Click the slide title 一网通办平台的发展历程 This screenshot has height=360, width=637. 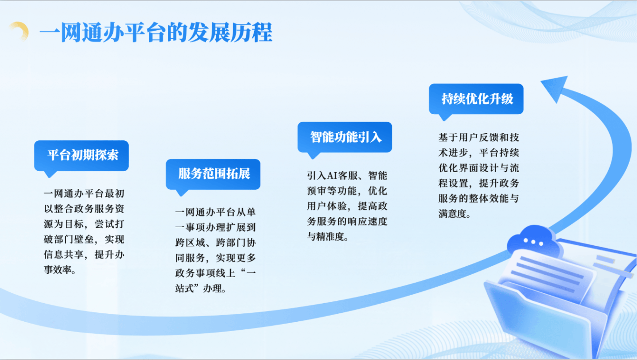point(156,32)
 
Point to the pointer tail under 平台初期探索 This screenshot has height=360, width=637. point(49,174)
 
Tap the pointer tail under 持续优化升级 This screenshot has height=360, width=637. point(444,117)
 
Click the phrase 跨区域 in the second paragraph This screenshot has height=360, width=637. point(190,242)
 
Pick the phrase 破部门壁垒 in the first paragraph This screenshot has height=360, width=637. point(69,239)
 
